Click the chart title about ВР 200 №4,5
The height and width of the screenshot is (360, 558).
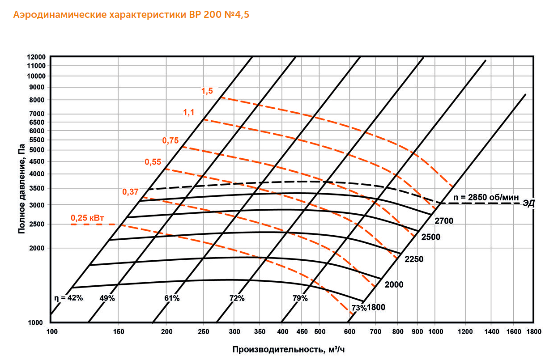coord(131,15)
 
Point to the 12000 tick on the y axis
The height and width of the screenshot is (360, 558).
coord(36,57)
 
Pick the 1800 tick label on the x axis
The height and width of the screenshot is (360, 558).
coord(533,332)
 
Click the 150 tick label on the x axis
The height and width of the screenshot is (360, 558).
coord(118,332)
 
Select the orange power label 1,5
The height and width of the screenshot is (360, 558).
coord(207,91)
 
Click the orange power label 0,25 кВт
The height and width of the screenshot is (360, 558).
coord(87,218)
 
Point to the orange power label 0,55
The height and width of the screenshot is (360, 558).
coord(153,162)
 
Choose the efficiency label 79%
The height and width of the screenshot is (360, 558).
coord(300,298)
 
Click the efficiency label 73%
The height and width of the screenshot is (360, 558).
coord(358,307)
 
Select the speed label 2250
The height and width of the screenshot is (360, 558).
coord(414,259)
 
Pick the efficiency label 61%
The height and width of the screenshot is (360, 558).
coord(171,298)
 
